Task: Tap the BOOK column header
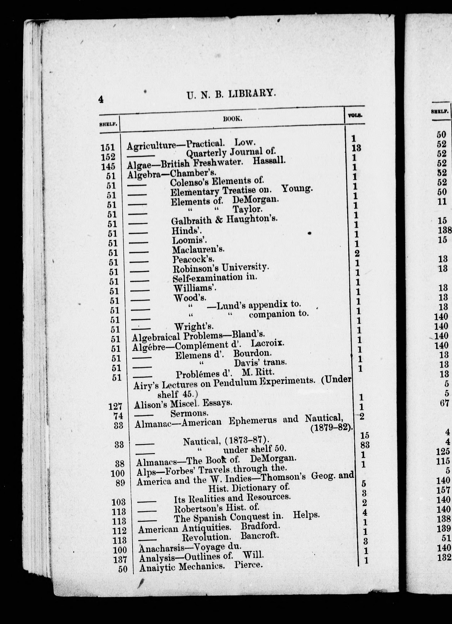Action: [x=232, y=119]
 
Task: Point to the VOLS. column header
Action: [x=355, y=116]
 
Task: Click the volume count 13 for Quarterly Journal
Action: [x=356, y=148]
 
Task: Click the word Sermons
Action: [x=189, y=414]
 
